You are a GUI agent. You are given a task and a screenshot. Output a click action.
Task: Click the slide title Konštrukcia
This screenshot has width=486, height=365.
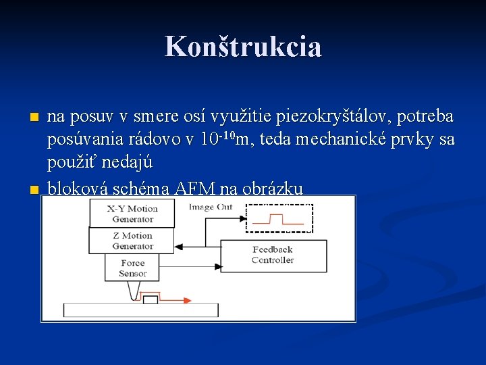tap(243, 47)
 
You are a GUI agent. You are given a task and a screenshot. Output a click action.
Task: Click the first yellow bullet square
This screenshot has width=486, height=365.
tap(35, 118)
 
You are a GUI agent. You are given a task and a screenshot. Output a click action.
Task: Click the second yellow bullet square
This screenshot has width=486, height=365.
tap(35, 189)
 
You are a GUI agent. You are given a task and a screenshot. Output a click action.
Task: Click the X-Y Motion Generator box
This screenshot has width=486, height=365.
tap(132, 214)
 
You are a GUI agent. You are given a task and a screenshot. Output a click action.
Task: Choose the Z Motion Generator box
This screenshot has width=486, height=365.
tap(132, 241)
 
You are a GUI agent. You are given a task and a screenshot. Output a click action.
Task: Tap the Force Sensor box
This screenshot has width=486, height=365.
tap(132, 268)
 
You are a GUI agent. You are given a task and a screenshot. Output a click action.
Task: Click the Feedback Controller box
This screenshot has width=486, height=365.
tap(273, 255)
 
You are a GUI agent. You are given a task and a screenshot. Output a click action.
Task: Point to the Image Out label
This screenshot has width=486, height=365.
tap(211, 207)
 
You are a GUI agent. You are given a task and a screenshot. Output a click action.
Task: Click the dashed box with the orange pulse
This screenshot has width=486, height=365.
tap(279, 218)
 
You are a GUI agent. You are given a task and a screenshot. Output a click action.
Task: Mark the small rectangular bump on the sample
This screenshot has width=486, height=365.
tap(150, 300)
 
